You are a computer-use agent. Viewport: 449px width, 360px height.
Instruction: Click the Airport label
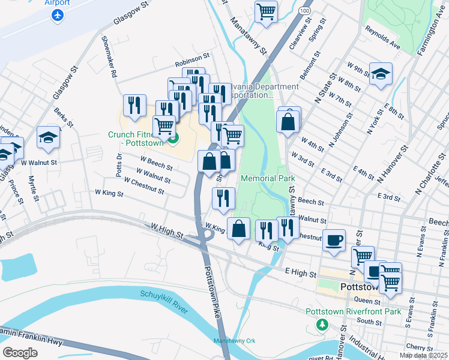tap(57, 3)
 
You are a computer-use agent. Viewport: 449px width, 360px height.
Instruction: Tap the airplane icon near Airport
tap(58, 16)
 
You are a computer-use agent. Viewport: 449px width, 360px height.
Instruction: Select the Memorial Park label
tap(268, 178)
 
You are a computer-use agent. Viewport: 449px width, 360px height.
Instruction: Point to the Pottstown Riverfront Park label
tap(353, 311)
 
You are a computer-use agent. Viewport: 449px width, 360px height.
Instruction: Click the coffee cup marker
tap(334, 240)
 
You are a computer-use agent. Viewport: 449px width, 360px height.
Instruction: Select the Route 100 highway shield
tap(306, 11)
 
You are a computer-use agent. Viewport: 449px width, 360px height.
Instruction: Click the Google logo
tap(20, 352)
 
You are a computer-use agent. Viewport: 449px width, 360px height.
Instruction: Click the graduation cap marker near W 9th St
tap(381, 74)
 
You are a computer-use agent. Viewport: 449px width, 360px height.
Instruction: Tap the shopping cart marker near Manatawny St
tap(265, 11)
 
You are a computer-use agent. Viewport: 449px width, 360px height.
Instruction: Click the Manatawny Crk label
tap(235, 341)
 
